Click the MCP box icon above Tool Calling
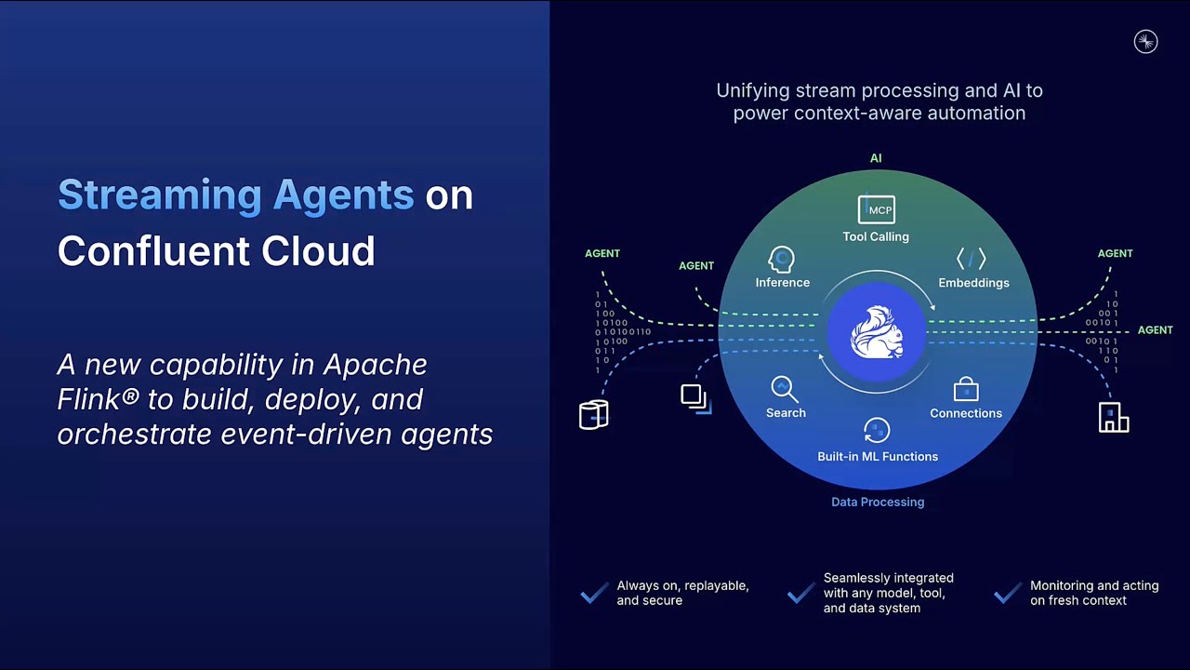point(876,209)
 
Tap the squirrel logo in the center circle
point(877,332)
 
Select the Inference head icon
point(782,260)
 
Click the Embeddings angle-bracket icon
point(972,259)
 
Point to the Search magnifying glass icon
point(784,389)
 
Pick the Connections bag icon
point(966,389)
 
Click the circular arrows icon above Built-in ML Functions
point(877,430)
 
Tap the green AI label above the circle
point(876,158)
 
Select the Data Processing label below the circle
point(878,502)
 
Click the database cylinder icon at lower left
point(594,414)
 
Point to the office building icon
point(1114,417)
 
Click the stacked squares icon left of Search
point(696,399)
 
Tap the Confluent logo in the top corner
point(1146,42)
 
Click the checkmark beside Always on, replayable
point(594,593)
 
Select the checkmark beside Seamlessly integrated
point(801,593)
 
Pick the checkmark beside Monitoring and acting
point(1008,593)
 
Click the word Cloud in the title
point(318,251)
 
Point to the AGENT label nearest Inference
point(696,266)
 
